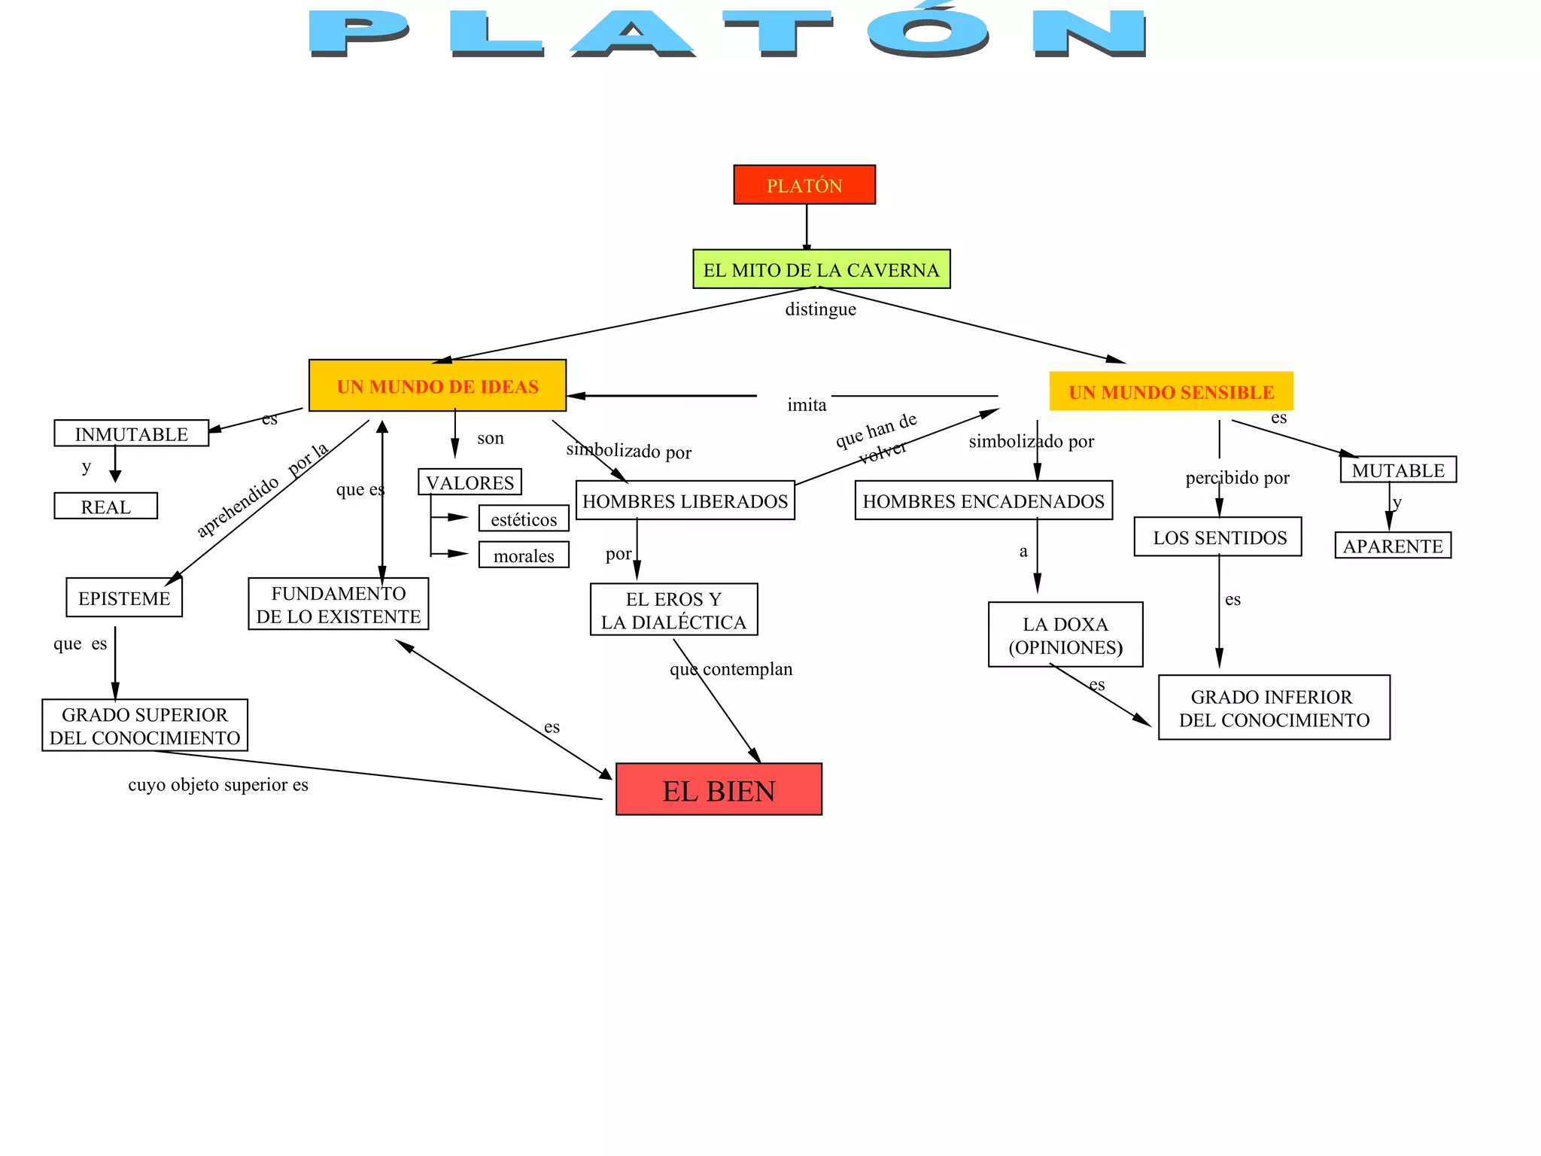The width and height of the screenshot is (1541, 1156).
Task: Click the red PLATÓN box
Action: click(804, 185)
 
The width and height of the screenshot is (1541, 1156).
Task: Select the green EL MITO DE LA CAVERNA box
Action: click(821, 269)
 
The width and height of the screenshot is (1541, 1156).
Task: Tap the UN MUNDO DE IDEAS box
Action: click(437, 386)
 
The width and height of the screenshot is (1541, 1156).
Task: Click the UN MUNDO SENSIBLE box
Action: click(1171, 391)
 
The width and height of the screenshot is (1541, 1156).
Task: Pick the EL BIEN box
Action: click(719, 789)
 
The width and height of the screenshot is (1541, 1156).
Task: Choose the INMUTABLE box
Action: click(132, 433)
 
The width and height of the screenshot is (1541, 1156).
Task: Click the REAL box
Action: click(106, 507)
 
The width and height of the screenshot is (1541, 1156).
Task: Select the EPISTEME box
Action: click(124, 598)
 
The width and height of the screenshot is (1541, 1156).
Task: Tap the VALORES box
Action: click(470, 482)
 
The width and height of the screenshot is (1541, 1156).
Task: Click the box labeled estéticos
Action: click(524, 519)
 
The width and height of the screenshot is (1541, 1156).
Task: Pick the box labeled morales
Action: click(524, 555)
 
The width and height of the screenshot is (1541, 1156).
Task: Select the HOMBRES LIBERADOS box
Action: click(685, 500)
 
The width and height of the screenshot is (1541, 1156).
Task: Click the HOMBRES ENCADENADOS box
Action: click(983, 500)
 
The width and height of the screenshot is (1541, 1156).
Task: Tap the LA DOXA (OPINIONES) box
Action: click(1065, 635)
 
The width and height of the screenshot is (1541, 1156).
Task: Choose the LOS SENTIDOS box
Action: click(1218, 537)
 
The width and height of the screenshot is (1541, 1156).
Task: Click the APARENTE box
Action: click(1393, 546)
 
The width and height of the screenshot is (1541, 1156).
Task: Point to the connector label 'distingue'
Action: click(820, 309)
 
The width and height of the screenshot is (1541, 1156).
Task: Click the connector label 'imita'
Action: click(807, 405)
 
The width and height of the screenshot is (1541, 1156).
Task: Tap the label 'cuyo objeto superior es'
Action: click(218, 785)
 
